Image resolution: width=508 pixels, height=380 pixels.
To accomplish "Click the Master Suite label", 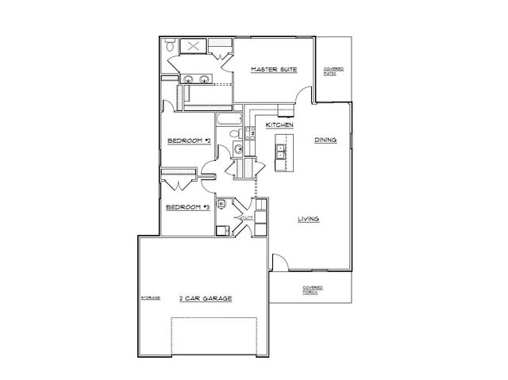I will pos(274,70).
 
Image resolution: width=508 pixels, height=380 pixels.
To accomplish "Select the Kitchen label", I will pos(280,125).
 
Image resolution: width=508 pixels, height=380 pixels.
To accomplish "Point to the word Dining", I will pos(325,140).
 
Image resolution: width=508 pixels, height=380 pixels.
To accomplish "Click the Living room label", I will pos(309,220).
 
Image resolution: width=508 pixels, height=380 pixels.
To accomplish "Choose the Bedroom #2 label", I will pos(188,142).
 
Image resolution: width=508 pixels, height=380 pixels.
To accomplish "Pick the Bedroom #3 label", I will pos(187,208).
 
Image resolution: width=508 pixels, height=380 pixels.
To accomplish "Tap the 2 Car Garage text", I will pos(205,298).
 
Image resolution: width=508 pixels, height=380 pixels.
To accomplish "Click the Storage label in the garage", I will pos(151,297).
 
